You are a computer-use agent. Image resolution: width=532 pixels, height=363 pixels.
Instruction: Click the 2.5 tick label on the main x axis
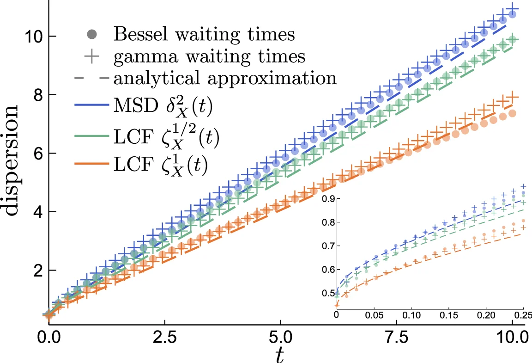pyautogui.click(x=164, y=335)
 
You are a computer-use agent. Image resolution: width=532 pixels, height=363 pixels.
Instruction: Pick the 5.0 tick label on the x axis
pyautogui.click(x=280, y=335)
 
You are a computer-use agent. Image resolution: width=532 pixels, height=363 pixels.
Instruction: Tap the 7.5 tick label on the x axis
pyautogui.click(x=396, y=335)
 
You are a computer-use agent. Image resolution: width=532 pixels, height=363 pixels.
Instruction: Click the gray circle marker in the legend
pyautogui.click(x=91, y=34)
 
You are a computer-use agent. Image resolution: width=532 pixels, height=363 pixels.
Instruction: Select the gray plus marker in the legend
pyautogui.click(x=91, y=56)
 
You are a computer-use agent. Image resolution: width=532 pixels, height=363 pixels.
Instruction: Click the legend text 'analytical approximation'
pyautogui.click(x=225, y=79)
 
